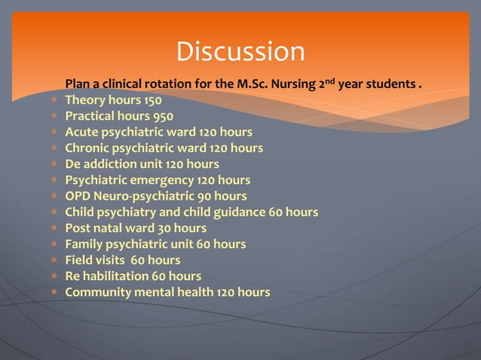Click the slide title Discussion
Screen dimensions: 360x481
240,52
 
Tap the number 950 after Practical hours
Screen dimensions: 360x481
162,116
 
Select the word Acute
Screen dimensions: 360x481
81,132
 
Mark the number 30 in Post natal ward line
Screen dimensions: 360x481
164,228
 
